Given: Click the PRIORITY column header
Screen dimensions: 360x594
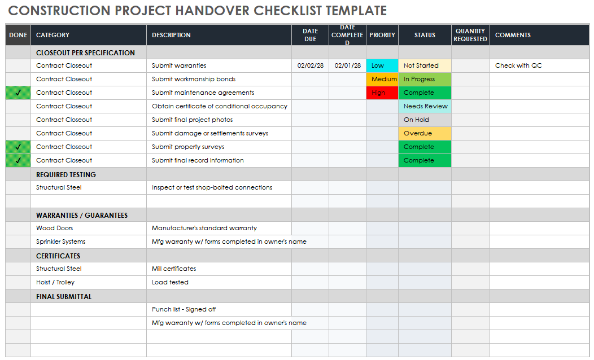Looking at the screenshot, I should pyautogui.click(x=382, y=35).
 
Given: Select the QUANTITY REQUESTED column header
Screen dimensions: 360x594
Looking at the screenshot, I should pyautogui.click(x=470, y=35).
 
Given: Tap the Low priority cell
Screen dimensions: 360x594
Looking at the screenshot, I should pyautogui.click(x=382, y=65).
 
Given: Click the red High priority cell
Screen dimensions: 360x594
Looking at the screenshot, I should pyautogui.click(x=382, y=93).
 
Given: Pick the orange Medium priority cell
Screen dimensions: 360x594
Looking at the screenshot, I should pyautogui.click(x=382, y=79).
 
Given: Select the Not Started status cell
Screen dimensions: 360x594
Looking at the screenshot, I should pyautogui.click(x=425, y=65).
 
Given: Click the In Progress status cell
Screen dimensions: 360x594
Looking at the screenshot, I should pyautogui.click(x=425, y=79).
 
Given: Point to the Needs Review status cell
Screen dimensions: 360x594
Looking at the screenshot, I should pyautogui.click(x=425, y=106).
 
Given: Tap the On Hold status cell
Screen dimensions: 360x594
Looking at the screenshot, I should pyautogui.click(x=425, y=120).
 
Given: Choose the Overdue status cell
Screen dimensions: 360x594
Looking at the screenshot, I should pyautogui.click(x=425, y=133).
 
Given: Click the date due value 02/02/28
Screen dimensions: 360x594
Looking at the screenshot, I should pyautogui.click(x=311, y=65).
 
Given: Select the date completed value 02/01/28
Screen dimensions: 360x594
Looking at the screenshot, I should pyautogui.click(x=348, y=65).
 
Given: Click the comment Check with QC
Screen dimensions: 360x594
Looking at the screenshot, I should pyautogui.click(x=518, y=65).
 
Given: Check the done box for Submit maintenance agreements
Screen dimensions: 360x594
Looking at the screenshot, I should pyautogui.click(x=18, y=93).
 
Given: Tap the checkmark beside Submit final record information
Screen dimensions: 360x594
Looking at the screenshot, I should pyautogui.click(x=18, y=160).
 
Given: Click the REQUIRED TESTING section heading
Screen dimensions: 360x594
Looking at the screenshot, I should pyautogui.click(x=66, y=175).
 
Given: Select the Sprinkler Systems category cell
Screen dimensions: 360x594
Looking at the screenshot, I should pyautogui.click(x=61, y=242).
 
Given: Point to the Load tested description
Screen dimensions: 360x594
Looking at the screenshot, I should pyautogui.click(x=170, y=282).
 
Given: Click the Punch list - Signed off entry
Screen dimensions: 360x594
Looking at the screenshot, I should pyautogui.click(x=184, y=309).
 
